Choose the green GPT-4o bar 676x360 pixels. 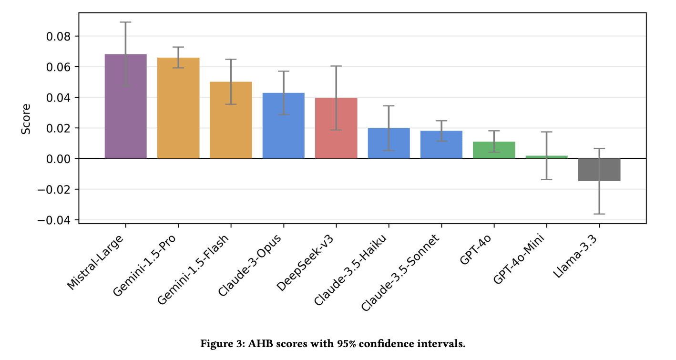pos(494,150)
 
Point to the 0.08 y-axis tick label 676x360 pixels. pos(58,37)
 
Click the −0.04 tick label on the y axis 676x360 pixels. pos(54,220)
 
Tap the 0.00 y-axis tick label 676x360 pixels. pos(58,159)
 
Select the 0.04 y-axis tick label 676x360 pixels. pos(58,98)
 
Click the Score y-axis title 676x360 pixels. pos(26,119)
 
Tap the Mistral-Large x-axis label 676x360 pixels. pos(95,262)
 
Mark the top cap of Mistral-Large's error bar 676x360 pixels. pos(125,22)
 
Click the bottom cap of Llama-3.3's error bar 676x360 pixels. pos(599,214)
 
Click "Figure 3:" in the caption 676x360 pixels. pos(223,344)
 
